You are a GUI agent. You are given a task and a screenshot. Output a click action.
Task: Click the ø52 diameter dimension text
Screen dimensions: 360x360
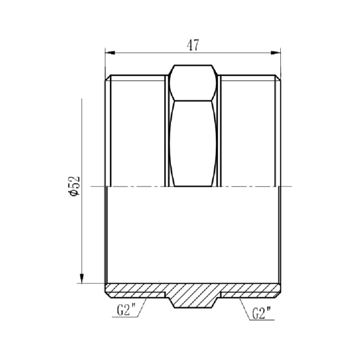75,185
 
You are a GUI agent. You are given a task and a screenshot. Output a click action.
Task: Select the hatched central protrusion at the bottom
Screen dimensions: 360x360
193,297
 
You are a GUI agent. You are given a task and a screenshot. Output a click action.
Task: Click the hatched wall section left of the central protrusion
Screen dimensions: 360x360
135,289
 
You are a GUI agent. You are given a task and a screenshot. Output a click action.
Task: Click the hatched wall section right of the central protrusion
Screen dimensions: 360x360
252,289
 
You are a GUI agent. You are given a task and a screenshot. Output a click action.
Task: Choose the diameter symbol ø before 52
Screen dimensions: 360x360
75,193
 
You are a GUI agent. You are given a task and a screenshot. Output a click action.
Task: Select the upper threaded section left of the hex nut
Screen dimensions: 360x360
135,130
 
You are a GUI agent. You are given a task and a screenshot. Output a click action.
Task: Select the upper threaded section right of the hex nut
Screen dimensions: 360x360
250,130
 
